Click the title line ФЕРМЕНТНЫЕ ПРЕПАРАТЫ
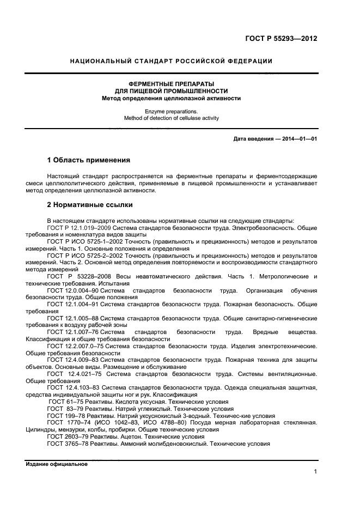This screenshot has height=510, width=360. [x=171, y=84]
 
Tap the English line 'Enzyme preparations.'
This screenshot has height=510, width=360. [x=171, y=111]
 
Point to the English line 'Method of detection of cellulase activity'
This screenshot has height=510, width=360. [x=171, y=118]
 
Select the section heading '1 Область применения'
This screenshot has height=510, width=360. [x=89, y=161]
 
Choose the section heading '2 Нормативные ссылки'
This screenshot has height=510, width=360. [x=90, y=205]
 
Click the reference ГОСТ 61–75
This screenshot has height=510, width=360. [x=63, y=402]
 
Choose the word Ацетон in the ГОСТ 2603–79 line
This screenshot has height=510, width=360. [x=129, y=436]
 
